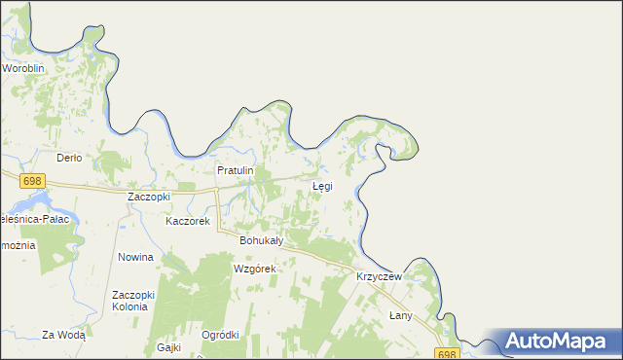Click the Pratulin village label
[x=235, y=170]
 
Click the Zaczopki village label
[x=149, y=196]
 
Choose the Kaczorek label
[x=188, y=221]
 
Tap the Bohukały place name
[x=261, y=239]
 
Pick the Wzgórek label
[x=255, y=268]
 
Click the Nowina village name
[x=135, y=257]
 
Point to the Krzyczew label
[x=379, y=276]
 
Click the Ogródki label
[x=220, y=335]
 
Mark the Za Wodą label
[x=64, y=335]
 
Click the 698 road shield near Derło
[x=32, y=181]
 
